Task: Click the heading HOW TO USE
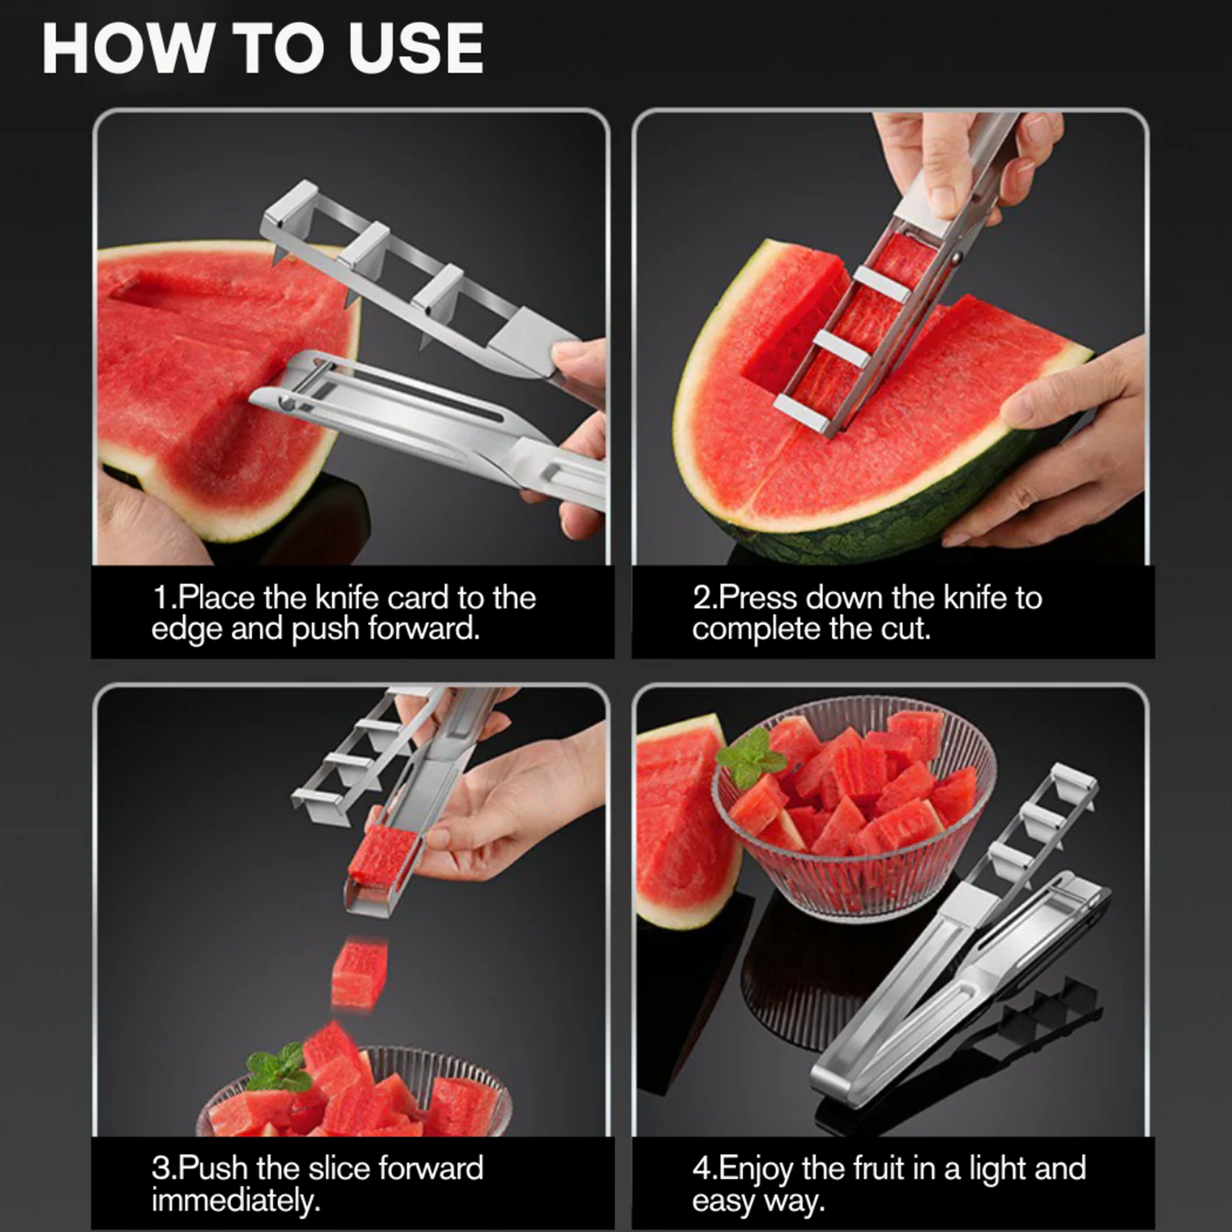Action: coord(263,49)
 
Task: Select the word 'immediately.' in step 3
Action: coord(236,1200)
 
